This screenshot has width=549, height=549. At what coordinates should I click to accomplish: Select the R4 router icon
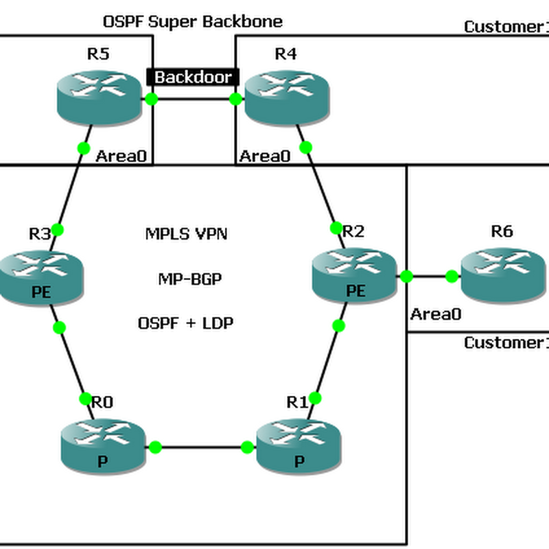coord(286,99)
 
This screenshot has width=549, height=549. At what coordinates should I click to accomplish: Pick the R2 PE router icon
coord(355,274)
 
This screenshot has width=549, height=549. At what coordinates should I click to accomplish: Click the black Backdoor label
coord(193,77)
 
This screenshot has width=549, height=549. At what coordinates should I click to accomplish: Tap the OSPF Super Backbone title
coord(192,21)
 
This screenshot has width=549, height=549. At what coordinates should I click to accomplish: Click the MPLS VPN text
coord(186,234)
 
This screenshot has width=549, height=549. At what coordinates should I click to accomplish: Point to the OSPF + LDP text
coord(185,323)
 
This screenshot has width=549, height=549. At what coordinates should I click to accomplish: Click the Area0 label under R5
coord(121,156)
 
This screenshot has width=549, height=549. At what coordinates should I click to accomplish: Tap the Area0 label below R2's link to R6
coord(436,314)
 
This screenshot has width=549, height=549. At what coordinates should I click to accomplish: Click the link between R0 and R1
coord(201,447)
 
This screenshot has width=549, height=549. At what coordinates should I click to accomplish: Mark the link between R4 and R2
coord(321,187)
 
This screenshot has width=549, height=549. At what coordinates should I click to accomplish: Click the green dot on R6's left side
coord(452,277)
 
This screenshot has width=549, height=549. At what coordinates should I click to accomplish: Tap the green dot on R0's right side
coord(155,447)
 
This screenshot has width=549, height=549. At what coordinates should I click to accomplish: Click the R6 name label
coord(502,231)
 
